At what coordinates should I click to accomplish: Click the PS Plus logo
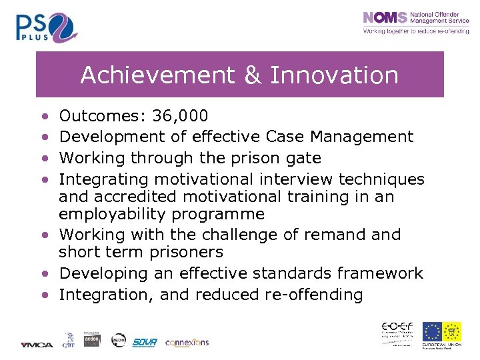[47, 27]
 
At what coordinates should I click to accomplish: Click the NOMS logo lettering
[385, 18]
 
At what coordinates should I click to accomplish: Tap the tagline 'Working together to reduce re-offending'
[415, 31]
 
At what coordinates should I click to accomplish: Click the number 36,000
[180, 117]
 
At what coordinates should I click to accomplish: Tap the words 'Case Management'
[339, 137]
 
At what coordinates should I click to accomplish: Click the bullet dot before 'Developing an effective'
[43, 274]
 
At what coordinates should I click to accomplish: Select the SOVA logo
[145, 342]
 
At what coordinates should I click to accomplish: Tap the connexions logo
[187, 342]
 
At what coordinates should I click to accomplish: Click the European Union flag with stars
[432, 332]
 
